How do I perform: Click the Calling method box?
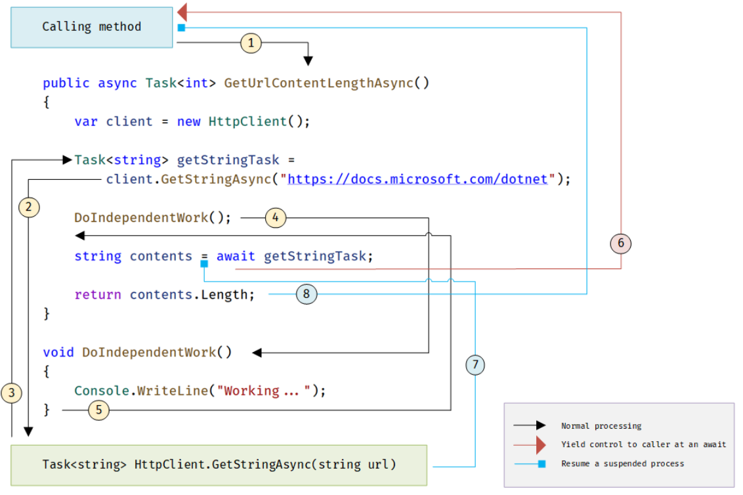(x=91, y=27)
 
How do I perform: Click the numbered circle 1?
(x=251, y=43)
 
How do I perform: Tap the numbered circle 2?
(x=28, y=207)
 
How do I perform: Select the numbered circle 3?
(x=12, y=393)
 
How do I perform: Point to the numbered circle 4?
(x=276, y=218)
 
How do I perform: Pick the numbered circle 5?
(x=98, y=410)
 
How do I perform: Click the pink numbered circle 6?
(x=620, y=244)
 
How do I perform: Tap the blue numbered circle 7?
(x=475, y=364)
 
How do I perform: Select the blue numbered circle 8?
(x=307, y=295)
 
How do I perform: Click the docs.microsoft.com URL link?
(x=417, y=179)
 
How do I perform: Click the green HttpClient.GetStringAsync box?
(x=219, y=465)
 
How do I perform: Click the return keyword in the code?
(x=98, y=295)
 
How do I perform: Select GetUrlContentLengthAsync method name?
(x=319, y=83)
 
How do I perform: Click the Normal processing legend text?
(x=601, y=426)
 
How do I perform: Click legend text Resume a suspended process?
(x=622, y=463)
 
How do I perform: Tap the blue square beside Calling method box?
(x=181, y=28)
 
